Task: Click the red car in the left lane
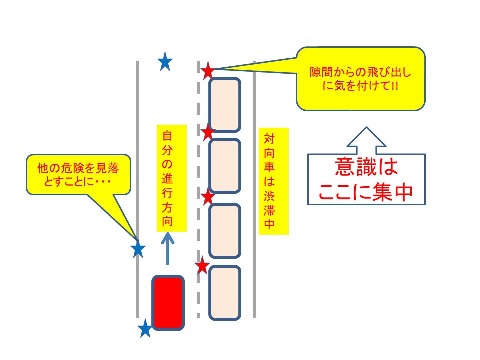tap(168, 302)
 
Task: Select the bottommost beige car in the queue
tap(224, 292)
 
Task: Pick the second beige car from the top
tap(224, 166)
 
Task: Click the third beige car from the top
tap(224, 230)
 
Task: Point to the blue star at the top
tap(165, 62)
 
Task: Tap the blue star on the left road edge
tap(138, 249)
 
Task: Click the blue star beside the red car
tap(145, 329)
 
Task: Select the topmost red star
tap(208, 71)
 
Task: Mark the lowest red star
tap(202, 266)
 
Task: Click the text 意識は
tap(366, 167)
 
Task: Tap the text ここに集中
tap(366, 192)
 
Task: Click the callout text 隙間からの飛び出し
tap(360, 73)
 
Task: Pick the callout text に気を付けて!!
tap(360, 86)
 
